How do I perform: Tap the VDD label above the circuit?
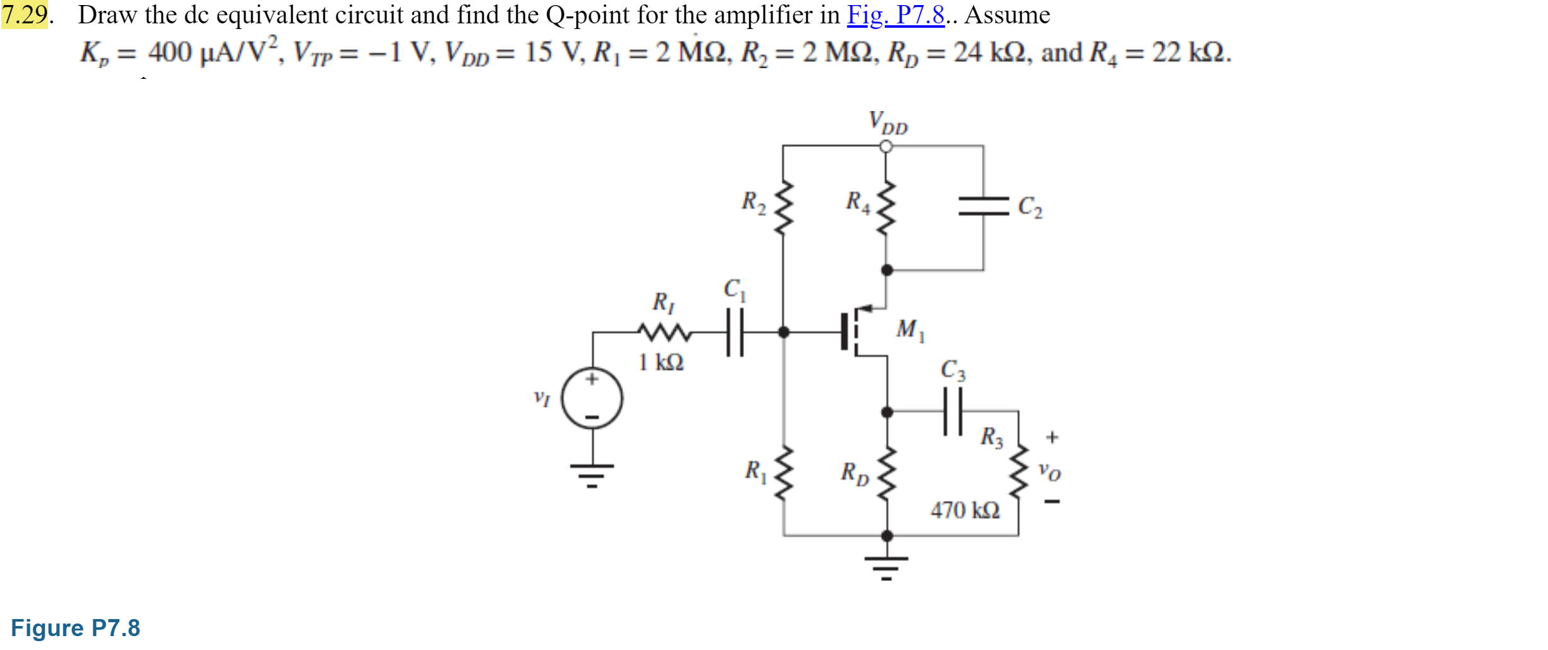point(887,122)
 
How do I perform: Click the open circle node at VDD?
point(886,146)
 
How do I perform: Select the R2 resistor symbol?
point(783,208)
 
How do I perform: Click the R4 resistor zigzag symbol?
point(886,208)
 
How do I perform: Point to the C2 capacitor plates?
point(983,206)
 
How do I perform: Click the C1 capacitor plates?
point(735,332)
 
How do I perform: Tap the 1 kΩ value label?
point(661,362)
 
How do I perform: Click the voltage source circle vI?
point(592,398)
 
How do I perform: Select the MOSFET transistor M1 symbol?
point(858,332)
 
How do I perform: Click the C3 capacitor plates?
point(952,411)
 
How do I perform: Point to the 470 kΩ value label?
point(965,510)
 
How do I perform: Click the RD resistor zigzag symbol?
point(887,473)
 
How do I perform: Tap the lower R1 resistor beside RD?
point(784,473)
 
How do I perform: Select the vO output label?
point(1050,472)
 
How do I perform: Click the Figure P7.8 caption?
point(75,628)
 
